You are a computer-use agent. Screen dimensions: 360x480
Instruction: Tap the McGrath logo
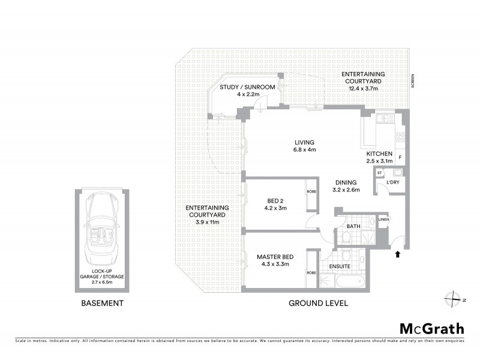click(x=431, y=328)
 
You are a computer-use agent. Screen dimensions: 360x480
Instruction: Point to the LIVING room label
click(x=305, y=142)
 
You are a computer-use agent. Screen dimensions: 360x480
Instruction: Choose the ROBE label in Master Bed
click(x=311, y=272)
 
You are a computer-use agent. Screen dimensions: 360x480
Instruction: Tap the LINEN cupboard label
click(x=384, y=220)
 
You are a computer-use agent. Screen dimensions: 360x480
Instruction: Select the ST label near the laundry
click(x=379, y=173)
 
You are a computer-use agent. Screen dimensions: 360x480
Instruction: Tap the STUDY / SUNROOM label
click(x=247, y=87)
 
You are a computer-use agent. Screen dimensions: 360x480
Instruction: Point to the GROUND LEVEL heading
click(x=318, y=303)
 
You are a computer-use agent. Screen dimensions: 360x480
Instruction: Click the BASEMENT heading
click(x=102, y=303)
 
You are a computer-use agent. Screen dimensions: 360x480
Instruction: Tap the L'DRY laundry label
click(x=393, y=181)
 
